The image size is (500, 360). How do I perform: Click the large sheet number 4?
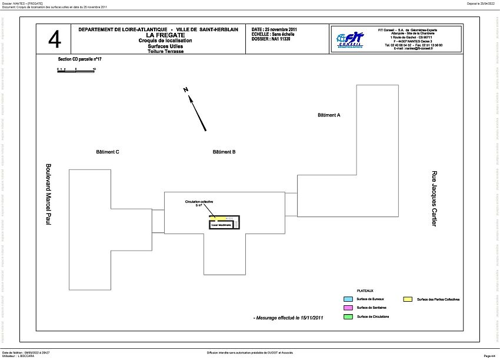coord(54,39)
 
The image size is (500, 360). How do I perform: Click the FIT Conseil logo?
coord(351,39)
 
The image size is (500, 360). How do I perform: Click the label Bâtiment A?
coord(329,115)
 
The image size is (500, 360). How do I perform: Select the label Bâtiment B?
coord(224,152)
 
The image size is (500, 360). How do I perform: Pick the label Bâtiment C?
coord(108,152)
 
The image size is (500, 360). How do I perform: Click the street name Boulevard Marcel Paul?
coord(49,194)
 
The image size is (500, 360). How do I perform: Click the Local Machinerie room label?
coord(221,225)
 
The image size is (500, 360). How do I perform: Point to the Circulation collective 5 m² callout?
coord(199,204)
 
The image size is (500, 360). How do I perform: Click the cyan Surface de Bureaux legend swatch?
coord(348,299)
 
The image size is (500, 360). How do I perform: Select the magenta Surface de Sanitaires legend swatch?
coord(348,308)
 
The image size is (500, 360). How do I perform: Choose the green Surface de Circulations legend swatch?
coord(348,316)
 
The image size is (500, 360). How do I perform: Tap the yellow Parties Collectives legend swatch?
coord(407,299)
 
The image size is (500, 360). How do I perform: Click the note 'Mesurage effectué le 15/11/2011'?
coord(288,318)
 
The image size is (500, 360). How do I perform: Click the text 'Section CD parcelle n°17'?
coord(80,59)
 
